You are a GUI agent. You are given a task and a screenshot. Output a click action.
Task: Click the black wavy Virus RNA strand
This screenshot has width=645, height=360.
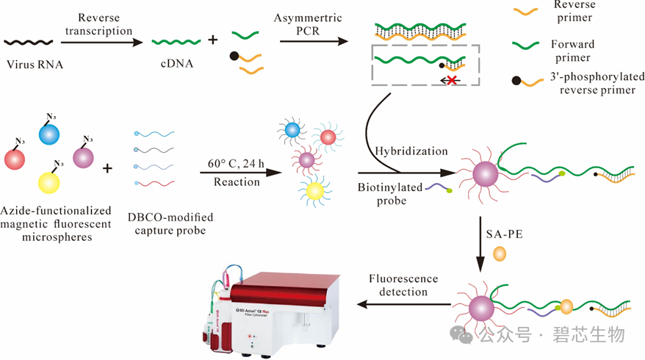click(29, 42)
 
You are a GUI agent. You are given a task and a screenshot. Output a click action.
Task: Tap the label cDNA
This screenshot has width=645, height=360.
click(177, 63)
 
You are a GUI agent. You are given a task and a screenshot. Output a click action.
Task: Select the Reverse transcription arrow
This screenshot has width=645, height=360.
click(101, 42)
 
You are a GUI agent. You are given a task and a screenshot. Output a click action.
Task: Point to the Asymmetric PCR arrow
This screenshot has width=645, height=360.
click(314, 41)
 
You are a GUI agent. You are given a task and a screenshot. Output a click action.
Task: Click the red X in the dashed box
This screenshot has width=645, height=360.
click(452, 80)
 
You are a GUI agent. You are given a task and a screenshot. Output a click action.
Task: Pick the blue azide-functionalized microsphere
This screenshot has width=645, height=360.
click(49, 134)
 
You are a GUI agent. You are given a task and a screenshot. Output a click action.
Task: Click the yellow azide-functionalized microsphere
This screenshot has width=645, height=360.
click(48, 183)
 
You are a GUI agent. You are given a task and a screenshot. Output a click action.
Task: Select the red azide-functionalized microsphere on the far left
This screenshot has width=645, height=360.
click(15, 159)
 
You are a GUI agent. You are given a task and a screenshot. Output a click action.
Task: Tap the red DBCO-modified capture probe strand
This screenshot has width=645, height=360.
click(155, 184)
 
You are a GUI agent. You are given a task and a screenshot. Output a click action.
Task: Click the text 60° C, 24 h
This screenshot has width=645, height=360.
click(236, 163)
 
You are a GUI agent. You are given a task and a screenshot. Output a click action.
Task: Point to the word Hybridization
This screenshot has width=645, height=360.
click(411, 151)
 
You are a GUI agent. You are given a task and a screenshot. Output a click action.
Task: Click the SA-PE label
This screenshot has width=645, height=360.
click(504, 234)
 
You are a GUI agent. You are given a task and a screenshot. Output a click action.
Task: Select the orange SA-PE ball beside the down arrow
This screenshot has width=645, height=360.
click(500, 254)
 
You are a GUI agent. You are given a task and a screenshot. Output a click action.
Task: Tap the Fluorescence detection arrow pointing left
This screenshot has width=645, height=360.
click(403, 304)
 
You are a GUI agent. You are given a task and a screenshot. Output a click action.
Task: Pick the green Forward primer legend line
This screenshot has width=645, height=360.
click(526, 45)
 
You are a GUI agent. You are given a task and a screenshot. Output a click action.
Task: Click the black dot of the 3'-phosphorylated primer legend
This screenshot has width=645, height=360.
click(516, 81)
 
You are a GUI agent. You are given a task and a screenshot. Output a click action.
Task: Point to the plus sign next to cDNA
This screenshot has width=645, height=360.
click(212, 40)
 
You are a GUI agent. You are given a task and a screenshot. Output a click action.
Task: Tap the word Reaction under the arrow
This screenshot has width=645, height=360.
click(237, 182)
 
